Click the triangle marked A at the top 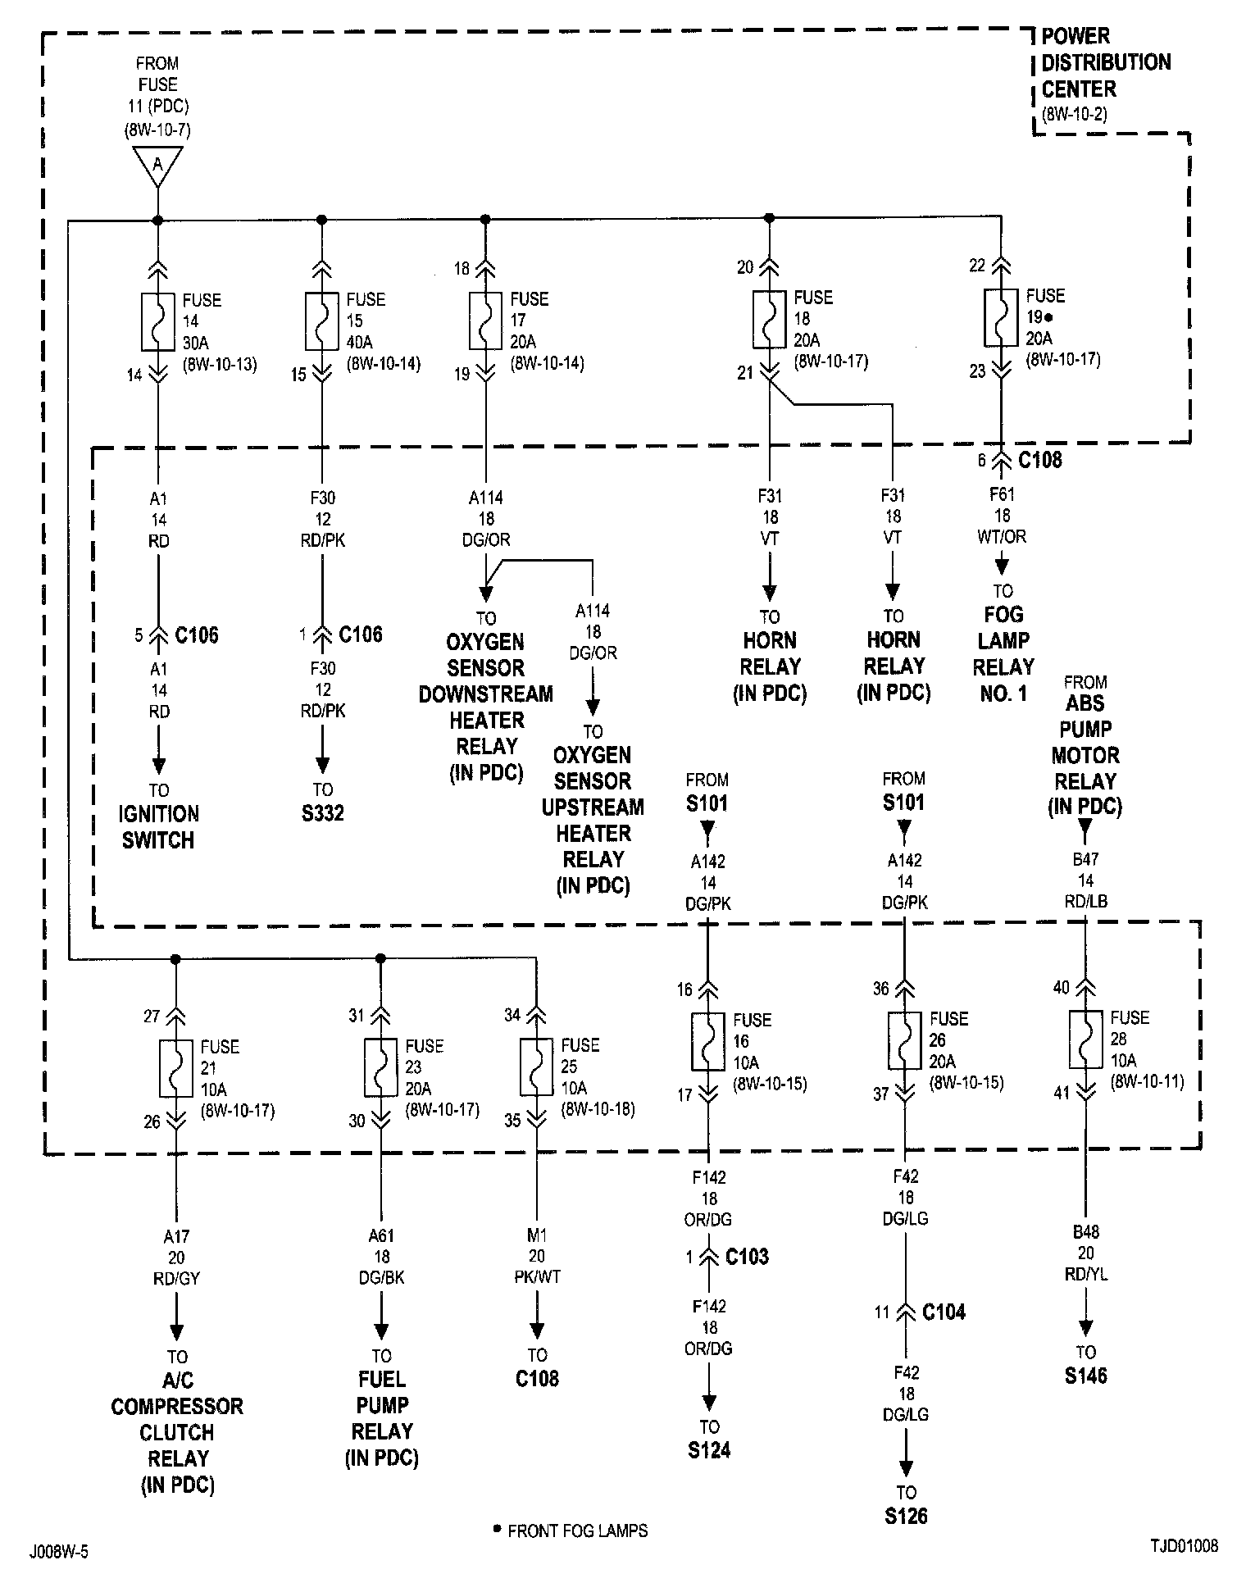[157, 165]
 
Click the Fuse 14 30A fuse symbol [157, 321]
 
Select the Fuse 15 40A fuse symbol [321, 321]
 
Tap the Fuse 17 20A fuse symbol [485, 321]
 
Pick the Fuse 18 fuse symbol [769, 319]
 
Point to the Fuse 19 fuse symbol [1000, 317]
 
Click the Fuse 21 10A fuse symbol [175, 1068]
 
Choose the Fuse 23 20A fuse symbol [380, 1067]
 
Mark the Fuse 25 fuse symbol [536, 1067]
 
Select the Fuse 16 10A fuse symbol [708, 1042]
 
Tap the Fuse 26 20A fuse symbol [904, 1040]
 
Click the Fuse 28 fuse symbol [1085, 1039]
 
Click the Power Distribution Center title [1105, 62]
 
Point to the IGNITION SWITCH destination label [158, 826]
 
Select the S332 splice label [322, 813]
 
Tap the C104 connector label [944, 1312]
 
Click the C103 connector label [747, 1257]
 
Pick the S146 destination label [1086, 1376]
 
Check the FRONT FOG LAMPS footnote [576, 1531]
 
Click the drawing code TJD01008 [1183, 1546]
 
